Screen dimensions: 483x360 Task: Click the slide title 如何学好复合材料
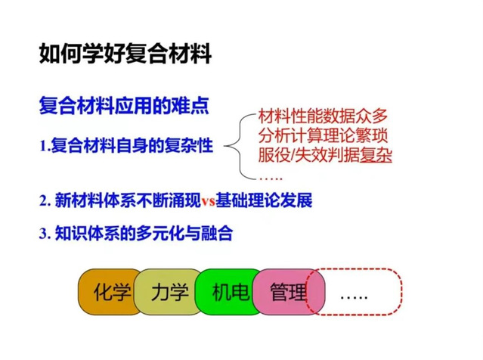125,54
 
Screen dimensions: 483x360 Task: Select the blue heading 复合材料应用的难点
124,106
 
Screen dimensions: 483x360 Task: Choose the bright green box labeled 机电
228,292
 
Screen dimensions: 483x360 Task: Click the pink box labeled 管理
289,292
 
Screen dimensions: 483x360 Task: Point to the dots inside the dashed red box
354,297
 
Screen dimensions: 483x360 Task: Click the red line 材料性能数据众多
323,116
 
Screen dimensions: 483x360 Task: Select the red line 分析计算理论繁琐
323,135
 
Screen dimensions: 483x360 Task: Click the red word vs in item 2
208,201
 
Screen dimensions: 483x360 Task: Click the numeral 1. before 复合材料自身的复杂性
45,146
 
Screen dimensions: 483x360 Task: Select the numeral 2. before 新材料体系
45,201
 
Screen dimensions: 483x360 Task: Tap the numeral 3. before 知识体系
45,234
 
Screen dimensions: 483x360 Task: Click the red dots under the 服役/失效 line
270,178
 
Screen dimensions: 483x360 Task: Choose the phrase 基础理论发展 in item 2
264,200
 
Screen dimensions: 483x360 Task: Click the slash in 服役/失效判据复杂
292,155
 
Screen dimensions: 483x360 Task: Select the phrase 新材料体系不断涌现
128,200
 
